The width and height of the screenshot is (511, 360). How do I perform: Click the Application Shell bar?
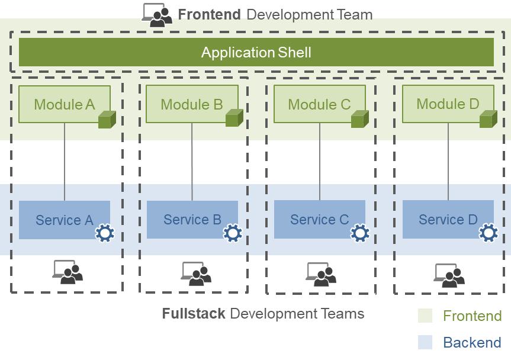point(256,52)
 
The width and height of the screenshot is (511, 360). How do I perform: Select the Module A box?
point(65,104)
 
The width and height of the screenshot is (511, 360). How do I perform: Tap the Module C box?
point(320,104)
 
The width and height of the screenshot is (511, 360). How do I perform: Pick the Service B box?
point(192,220)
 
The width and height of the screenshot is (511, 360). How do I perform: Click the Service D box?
point(448,220)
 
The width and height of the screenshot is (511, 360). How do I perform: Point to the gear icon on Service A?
point(105,233)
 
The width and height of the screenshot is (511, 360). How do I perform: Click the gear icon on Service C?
point(360,233)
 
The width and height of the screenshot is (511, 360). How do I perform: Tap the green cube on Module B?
point(234,118)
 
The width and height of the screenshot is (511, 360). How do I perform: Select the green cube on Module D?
point(488,118)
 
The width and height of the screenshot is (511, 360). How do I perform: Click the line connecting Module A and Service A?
point(65,162)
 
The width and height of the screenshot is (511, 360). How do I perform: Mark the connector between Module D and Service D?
point(448,162)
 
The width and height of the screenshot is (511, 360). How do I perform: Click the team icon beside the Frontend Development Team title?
point(157,15)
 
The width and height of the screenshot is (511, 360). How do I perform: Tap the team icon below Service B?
point(196,273)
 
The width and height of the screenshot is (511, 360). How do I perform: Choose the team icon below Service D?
point(449,275)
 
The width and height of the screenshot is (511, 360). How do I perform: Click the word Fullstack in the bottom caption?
point(193,313)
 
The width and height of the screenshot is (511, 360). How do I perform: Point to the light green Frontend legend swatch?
point(425,316)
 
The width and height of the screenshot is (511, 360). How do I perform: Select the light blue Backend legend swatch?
point(425,342)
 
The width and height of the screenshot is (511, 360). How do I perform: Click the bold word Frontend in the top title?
point(209,15)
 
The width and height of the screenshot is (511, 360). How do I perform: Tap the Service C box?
point(320,220)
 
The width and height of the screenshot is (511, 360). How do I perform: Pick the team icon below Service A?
point(68,272)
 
